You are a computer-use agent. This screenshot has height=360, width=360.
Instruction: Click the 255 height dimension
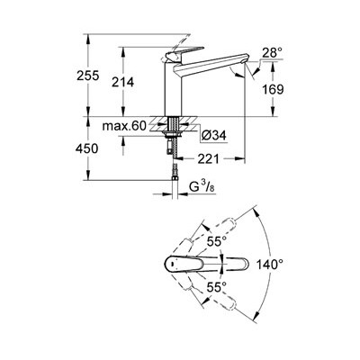click(x=87, y=76)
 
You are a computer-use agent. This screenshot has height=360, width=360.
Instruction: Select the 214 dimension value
click(x=122, y=82)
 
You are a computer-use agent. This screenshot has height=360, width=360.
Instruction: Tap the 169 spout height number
click(x=273, y=89)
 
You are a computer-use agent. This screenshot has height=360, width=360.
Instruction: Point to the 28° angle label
click(x=273, y=53)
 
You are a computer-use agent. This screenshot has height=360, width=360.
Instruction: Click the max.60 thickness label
click(x=124, y=126)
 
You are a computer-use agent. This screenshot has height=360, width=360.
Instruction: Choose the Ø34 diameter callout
click(x=214, y=136)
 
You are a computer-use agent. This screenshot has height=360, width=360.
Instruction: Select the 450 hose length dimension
click(x=87, y=148)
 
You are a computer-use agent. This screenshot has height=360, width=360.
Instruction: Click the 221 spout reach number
click(x=209, y=159)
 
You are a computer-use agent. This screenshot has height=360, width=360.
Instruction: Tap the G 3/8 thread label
click(x=202, y=187)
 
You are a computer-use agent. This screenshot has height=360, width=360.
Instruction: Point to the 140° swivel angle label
click(x=270, y=265)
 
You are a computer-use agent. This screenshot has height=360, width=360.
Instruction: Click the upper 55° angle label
click(x=217, y=241)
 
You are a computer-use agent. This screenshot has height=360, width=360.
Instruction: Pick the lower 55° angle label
click(x=217, y=288)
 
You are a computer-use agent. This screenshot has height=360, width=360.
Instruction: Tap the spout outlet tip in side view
click(x=243, y=61)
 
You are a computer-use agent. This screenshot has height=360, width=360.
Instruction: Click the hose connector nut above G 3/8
click(x=175, y=179)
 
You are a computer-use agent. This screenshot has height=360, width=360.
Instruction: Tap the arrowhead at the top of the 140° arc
click(x=256, y=211)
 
